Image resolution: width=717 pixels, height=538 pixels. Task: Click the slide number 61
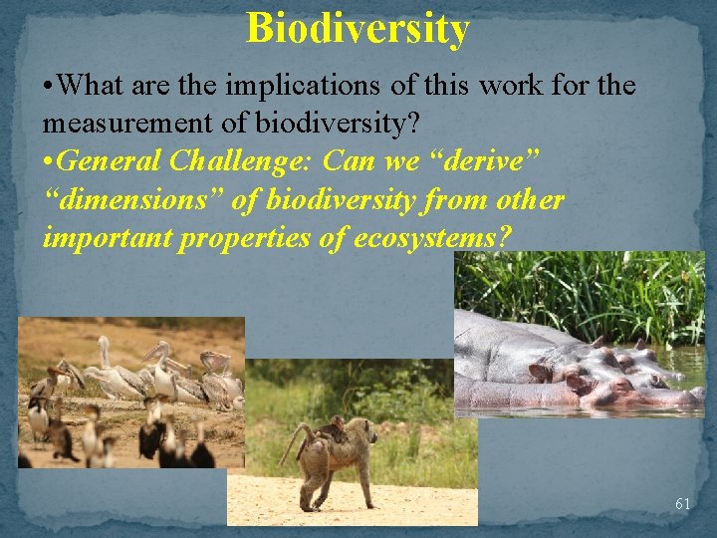[682, 504]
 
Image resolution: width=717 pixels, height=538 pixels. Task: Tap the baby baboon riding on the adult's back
[335, 428]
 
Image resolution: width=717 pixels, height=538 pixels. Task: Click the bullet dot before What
[48, 87]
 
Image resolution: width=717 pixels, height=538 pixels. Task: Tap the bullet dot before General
[48, 161]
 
